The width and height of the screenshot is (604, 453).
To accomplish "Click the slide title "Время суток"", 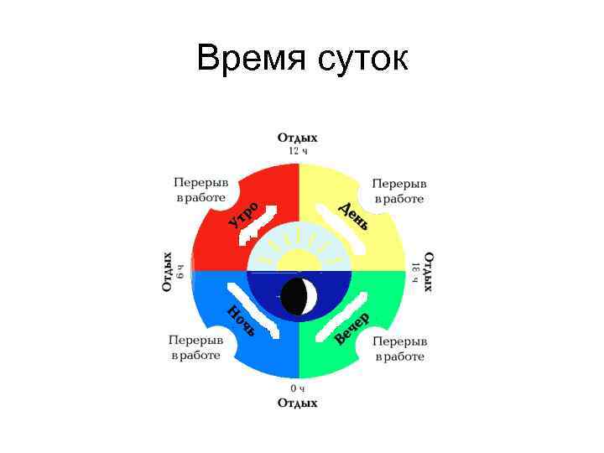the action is pyautogui.click(x=302, y=60).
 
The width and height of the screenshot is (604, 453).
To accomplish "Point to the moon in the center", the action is pyautogui.click(x=299, y=295).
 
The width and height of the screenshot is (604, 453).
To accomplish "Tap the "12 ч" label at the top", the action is pyautogui.click(x=298, y=152).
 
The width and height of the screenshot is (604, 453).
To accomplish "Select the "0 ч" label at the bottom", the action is pyautogui.click(x=298, y=388).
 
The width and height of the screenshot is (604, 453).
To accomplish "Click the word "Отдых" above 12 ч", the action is pyautogui.click(x=298, y=138).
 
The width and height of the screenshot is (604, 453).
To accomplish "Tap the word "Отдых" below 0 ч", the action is pyautogui.click(x=298, y=404).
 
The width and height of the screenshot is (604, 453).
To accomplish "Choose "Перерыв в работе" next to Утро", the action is pyautogui.click(x=201, y=190).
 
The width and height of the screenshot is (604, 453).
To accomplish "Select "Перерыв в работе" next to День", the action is pyautogui.click(x=399, y=190).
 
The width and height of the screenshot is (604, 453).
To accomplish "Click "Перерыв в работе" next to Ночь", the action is pyautogui.click(x=196, y=347).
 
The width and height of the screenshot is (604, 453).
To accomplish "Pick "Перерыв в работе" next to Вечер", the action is pyautogui.click(x=400, y=349).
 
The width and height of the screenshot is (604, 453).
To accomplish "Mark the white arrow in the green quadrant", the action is pyautogui.click(x=344, y=313).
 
